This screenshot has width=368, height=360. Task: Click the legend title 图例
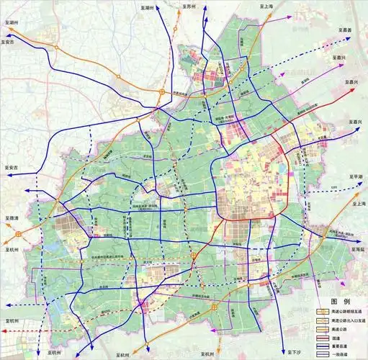[338, 301]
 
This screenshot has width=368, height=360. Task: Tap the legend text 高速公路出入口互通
[346, 319]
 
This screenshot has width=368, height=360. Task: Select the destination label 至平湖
[355, 176]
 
